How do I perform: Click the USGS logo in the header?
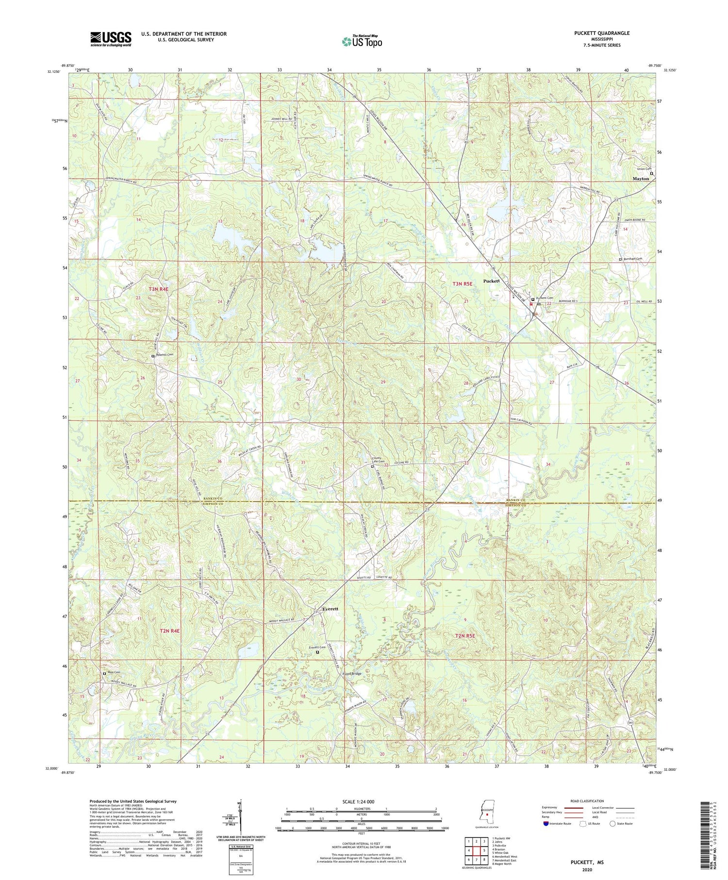(111, 39)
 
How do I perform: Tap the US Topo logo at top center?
(362, 41)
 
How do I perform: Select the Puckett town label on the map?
(492, 281)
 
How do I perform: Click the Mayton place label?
(641, 179)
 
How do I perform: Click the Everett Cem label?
(317, 647)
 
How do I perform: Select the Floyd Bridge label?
(352, 674)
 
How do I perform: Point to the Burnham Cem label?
(633, 259)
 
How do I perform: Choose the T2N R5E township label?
(466, 635)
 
